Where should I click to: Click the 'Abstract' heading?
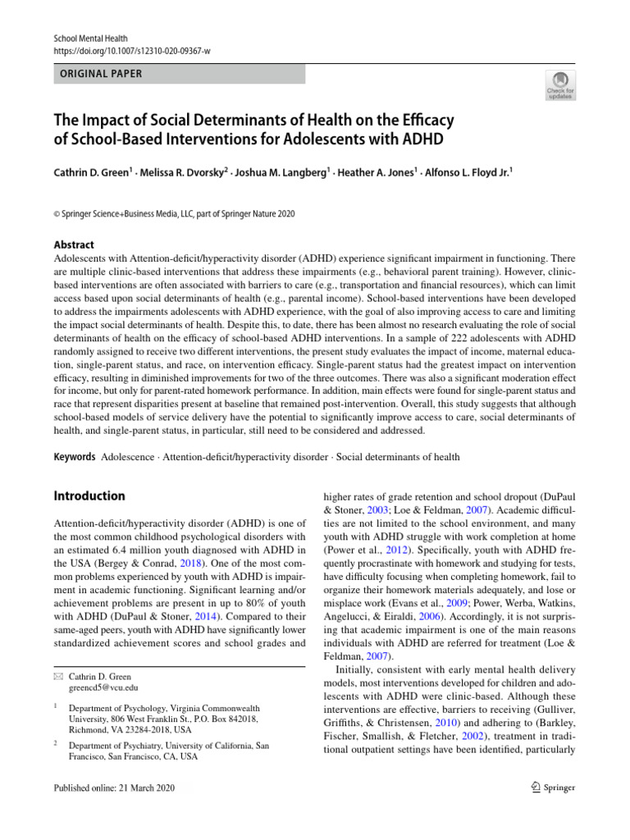click(73, 244)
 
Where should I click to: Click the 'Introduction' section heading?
click(89, 496)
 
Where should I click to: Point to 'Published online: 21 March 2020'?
click(113, 788)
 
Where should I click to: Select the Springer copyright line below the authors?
click(174, 214)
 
